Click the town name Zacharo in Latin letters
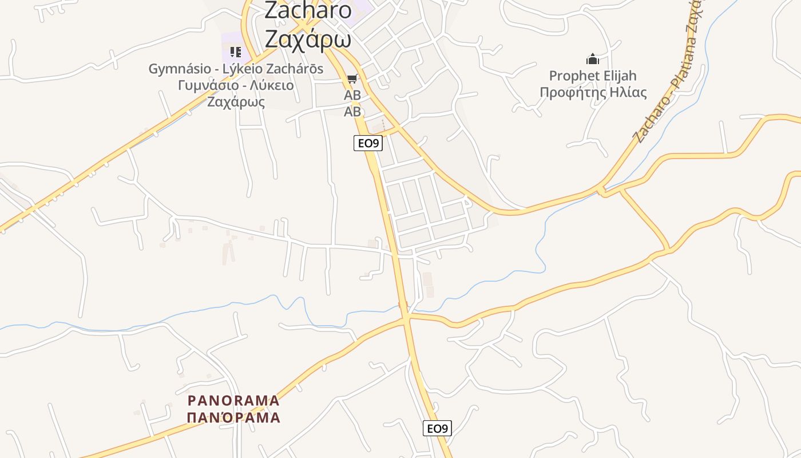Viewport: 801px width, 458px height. click(308, 10)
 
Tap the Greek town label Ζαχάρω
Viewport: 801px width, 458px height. click(308, 39)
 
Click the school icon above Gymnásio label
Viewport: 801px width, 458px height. click(235, 53)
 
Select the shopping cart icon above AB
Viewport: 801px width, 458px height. click(352, 79)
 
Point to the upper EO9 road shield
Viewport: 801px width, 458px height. click(367, 143)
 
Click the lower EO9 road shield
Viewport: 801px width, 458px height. click(437, 428)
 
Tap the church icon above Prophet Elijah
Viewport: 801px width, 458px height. click(592, 59)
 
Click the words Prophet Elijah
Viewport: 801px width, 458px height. click(593, 76)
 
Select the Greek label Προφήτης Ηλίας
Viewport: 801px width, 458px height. click(593, 92)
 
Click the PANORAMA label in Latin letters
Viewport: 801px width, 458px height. click(233, 400)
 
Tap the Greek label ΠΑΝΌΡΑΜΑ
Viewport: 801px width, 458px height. click(233, 417)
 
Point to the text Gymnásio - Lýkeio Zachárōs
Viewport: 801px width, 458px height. click(236, 69)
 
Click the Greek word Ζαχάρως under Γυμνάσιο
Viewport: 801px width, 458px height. click(236, 102)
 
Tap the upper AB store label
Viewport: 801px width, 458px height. click(352, 95)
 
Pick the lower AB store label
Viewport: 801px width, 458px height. click(352, 112)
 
